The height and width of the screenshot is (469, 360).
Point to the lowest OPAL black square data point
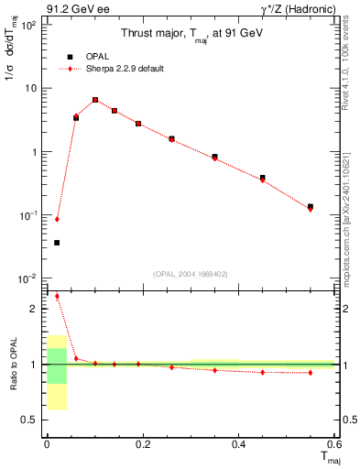[57, 243]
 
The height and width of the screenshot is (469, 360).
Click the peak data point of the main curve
[95, 100]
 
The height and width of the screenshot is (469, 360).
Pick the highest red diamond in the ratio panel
[57, 296]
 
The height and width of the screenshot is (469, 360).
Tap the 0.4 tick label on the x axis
[237, 444]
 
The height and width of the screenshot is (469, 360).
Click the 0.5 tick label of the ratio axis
[32, 420]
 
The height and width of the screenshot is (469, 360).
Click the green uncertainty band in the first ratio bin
[57, 365]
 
